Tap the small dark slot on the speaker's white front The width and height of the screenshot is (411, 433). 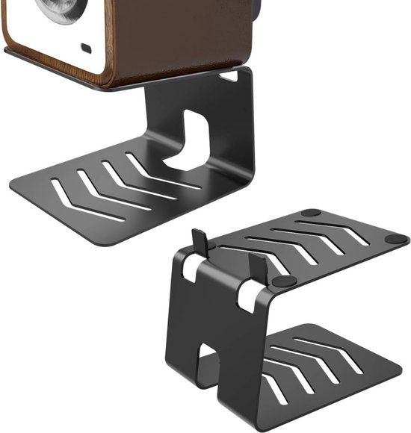point(86,49)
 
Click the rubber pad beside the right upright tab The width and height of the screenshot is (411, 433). point(284,281)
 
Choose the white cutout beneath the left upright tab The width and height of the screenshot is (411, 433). point(191,270)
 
